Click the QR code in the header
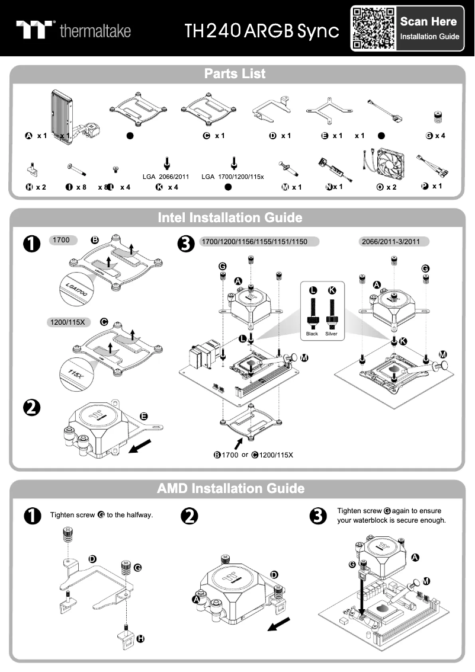click(373, 28)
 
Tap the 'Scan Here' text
click(428, 22)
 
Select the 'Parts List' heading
click(235, 74)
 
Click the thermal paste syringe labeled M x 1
click(288, 169)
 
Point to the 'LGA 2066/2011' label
click(165, 177)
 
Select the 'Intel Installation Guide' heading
click(230, 218)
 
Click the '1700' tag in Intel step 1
click(62, 241)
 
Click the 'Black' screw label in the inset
click(312, 334)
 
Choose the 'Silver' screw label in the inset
click(331, 334)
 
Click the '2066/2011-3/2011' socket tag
click(393, 242)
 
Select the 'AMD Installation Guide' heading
click(231, 489)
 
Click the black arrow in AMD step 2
click(279, 624)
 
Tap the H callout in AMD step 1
click(140, 639)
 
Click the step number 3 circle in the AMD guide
click(319, 516)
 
